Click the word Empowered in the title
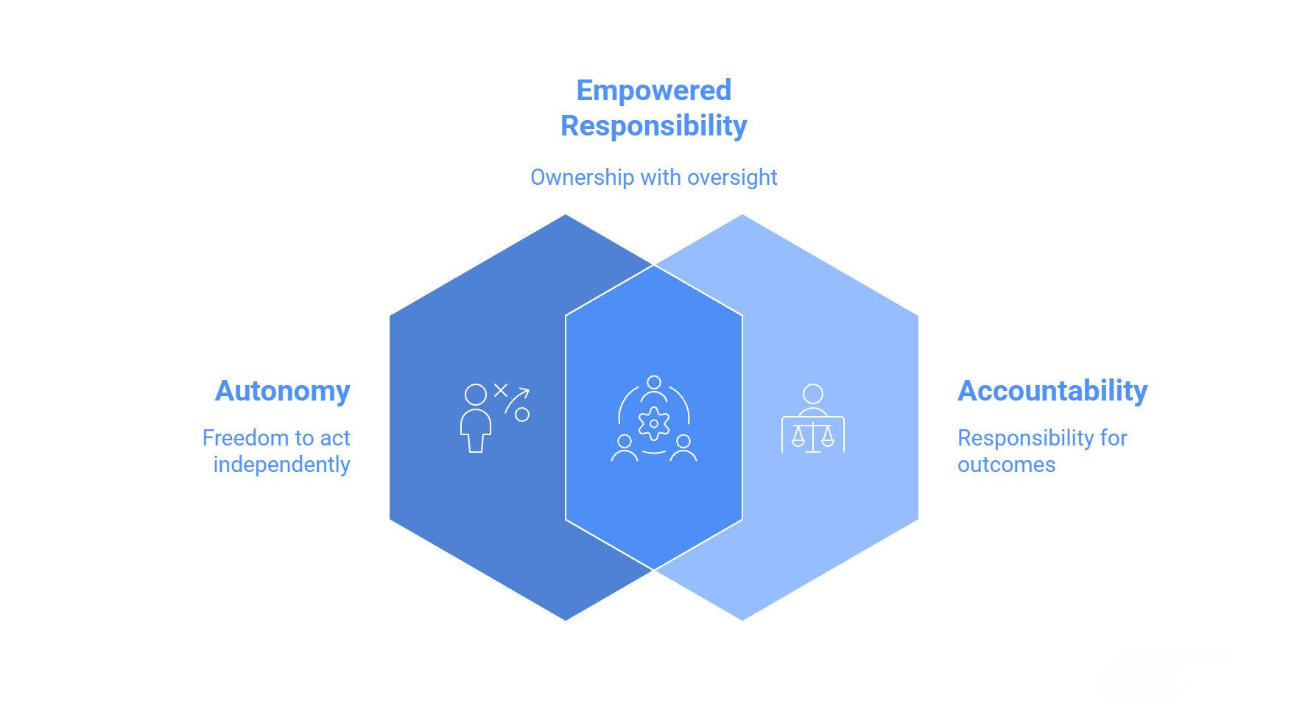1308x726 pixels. click(x=653, y=91)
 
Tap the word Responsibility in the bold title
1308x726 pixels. click(x=653, y=126)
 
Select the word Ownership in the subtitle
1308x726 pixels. click(x=582, y=177)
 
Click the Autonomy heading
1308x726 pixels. click(x=282, y=391)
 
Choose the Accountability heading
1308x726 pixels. click(x=1052, y=391)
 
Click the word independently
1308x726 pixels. click(x=281, y=465)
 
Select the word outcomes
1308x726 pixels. click(x=1006, y=465)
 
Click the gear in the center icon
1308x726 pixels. click(x=654, y=423)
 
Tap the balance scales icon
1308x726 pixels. click(x=813, y=436)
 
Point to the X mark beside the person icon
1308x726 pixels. click(x=501, y=390)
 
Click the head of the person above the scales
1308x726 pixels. click(x=813, y=393)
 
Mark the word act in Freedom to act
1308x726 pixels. click(x=334, y=438)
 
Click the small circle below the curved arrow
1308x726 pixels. click(x=522, y=415)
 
